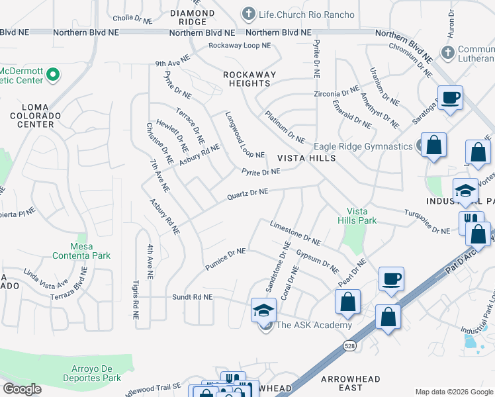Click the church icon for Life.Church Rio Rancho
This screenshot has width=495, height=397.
pos(249,14)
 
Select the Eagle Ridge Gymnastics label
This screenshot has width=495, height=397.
pos(364,146)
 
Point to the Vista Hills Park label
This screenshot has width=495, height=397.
pos(357,215)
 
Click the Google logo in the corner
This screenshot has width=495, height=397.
pos(22,389)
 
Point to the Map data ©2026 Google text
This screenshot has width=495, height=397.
pos(453,392)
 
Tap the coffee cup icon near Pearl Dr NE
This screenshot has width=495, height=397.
pos(391,278)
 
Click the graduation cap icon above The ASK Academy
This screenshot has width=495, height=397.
pos(264,309)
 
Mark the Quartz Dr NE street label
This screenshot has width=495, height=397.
pos(247,193)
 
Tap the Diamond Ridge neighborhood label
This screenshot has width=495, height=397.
pos(192,18)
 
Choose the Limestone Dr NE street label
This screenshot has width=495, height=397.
pos(295,234)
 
